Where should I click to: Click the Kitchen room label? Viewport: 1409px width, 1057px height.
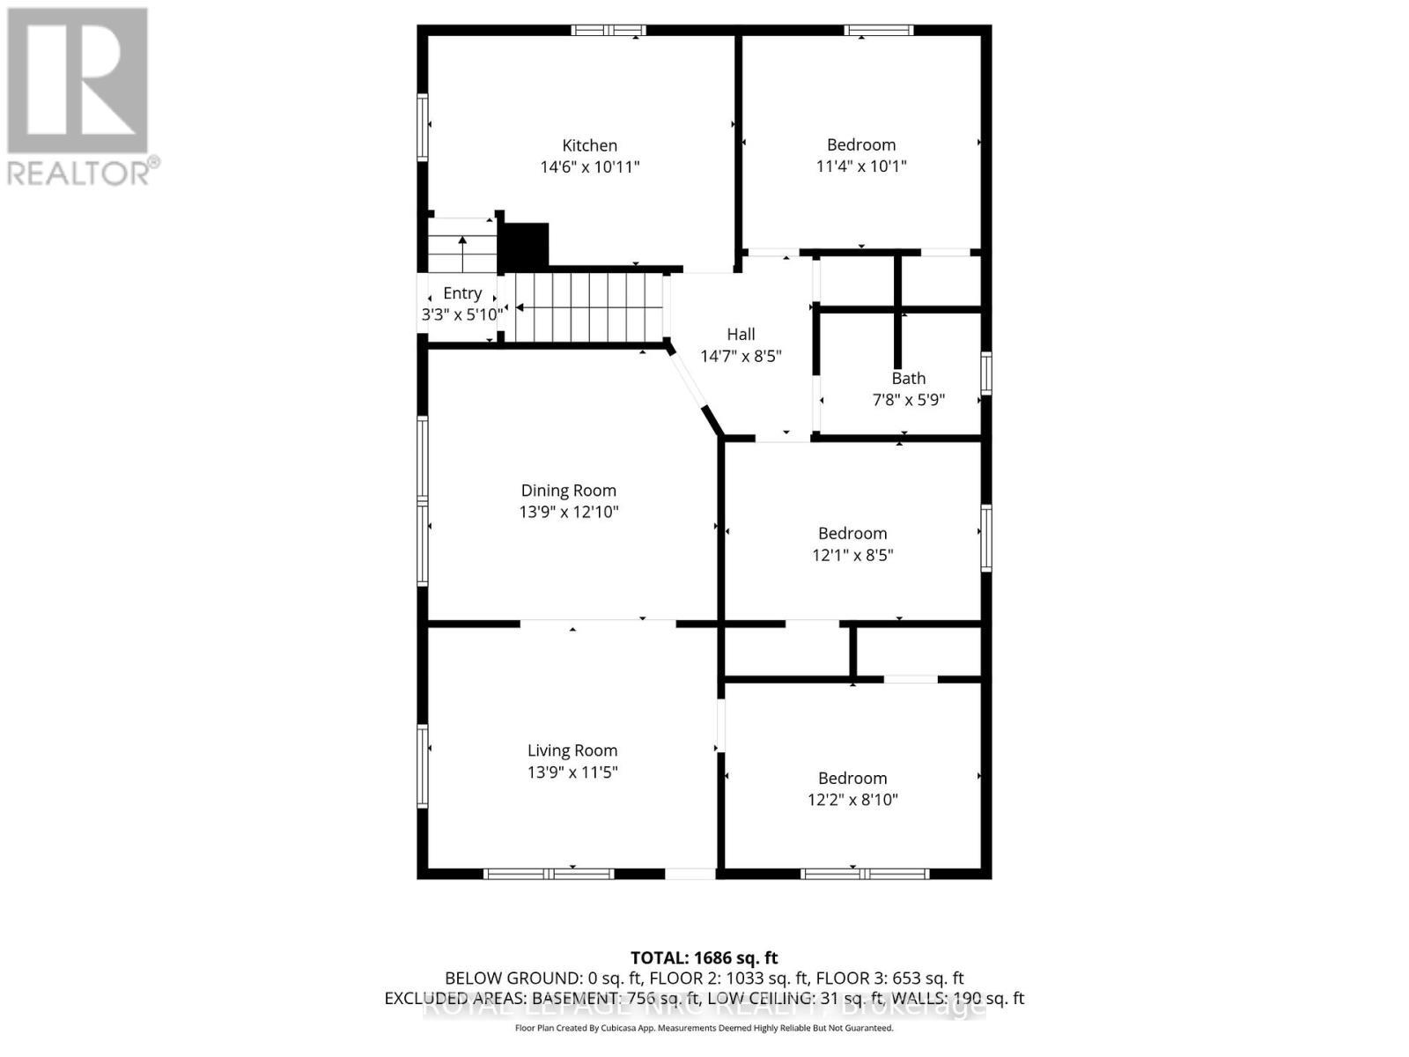click(x=589, y=145)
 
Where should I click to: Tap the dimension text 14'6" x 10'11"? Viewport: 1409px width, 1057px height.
click(x=589, y=166)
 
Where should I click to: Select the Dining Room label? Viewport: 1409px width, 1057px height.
click(x=568, y=491)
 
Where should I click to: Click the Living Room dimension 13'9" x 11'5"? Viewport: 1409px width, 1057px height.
click(x=572, y=772)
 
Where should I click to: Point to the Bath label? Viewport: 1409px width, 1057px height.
click(x=908, y=378)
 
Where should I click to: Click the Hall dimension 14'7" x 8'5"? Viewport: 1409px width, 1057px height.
click(x=741, y=356)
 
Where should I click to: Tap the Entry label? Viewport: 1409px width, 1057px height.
click(x=461, y=293)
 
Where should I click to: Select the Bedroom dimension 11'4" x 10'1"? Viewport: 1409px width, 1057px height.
click(x=860, y=166)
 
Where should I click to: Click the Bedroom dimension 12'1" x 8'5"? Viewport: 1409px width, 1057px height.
click(x=852, y=555)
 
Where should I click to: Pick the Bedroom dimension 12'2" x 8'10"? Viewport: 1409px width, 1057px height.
click(x=852, y=800)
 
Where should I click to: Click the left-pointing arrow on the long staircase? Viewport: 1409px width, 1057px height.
click(x=521, y=307)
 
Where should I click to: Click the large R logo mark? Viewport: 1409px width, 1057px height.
click(x=77, y=81)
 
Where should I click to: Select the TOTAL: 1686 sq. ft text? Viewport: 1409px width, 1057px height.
click(x=704, y=957)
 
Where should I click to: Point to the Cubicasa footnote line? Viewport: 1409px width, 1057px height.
click(x=704, y=1028)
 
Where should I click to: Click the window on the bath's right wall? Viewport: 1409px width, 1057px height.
click(x=986, y=373)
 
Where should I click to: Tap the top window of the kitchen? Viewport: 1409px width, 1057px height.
click(x=608, y=31)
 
